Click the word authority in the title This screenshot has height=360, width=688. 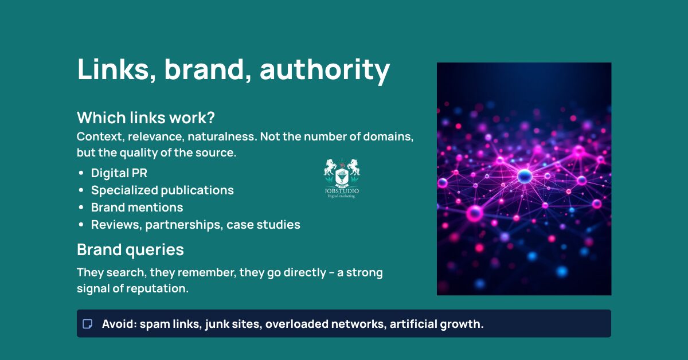tap(325, 70)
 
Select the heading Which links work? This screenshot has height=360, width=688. tap(146, 118)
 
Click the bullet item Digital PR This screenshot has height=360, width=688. tap(119, 173)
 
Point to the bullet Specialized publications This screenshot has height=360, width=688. tap(162, 190)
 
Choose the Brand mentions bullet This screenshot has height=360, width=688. tap(137, 207)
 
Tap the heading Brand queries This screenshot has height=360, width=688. tap(130, 250)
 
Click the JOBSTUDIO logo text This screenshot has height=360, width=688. tap(342, 190)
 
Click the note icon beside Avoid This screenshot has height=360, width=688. tap(88, 324)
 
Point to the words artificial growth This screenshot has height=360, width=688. tap(436, 324)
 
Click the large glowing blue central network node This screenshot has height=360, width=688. tap(525, 176)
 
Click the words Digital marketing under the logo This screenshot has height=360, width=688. tap(342, 197)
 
